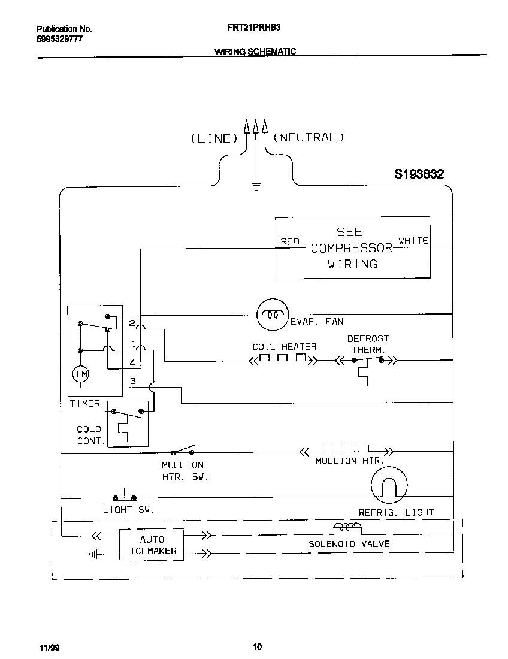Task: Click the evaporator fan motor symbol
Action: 273,313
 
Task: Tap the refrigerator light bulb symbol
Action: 389,485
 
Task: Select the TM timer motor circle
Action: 80,374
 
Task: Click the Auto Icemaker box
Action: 152,545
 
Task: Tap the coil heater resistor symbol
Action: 282,360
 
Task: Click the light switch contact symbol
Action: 125,496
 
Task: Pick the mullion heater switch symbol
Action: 183,451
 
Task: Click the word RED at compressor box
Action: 290,241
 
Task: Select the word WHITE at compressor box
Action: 413,241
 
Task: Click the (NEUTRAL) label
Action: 309,137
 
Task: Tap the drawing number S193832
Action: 419,174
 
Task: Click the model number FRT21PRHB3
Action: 254,28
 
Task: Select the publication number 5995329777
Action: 59,38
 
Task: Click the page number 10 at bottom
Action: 257,646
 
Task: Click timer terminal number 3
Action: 133,381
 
